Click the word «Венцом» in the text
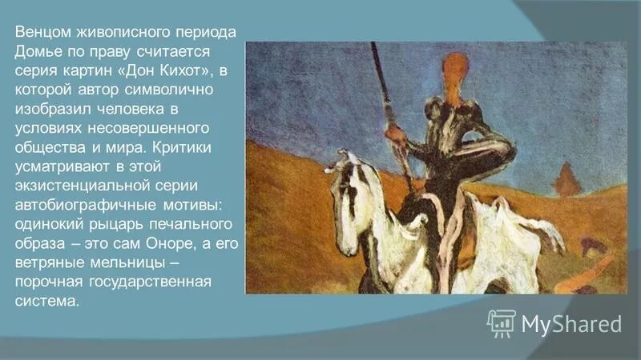point(41,32)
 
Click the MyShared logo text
point(571,323)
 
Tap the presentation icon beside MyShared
point(501,322)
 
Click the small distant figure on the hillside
point(568,180)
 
